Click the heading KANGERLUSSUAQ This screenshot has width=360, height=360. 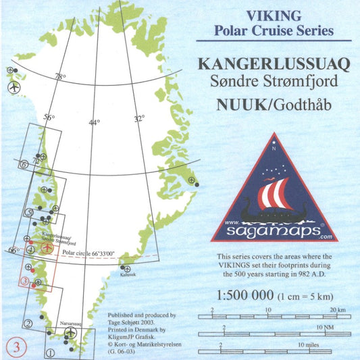click(x=274, y=65)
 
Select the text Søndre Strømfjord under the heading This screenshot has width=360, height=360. click(x=274, y=84)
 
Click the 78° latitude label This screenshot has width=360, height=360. click(x=61, y=76)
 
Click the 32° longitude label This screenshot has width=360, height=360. click(x=138, y=118)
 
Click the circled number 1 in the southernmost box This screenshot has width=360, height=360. click(x=50, y=352)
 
